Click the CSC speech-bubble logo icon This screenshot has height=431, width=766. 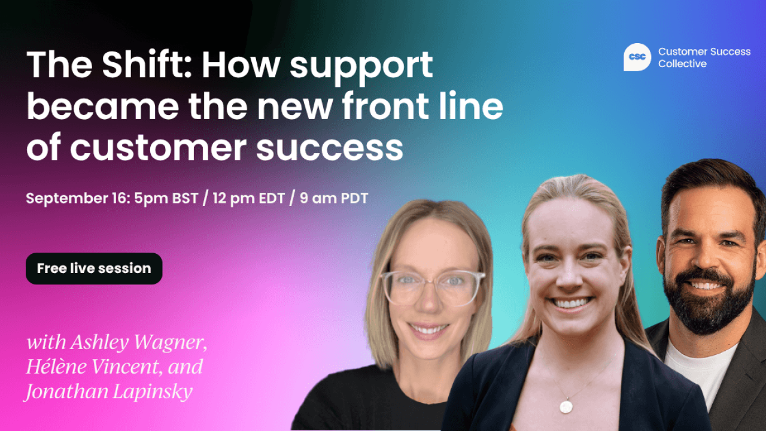point(637,57)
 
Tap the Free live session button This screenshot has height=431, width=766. point(94,269)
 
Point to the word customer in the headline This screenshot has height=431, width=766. point(158,147)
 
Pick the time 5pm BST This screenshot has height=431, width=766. point(166,198)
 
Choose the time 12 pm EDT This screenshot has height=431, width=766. point(248,198)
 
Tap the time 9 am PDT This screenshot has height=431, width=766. point(334,198)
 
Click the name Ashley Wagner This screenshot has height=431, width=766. point(139,342)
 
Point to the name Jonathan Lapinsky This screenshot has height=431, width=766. point(108,391)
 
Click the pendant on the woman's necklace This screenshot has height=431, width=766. point(566,406)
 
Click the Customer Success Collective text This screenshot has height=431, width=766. point(704,57)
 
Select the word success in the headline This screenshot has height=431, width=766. point(330,147)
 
